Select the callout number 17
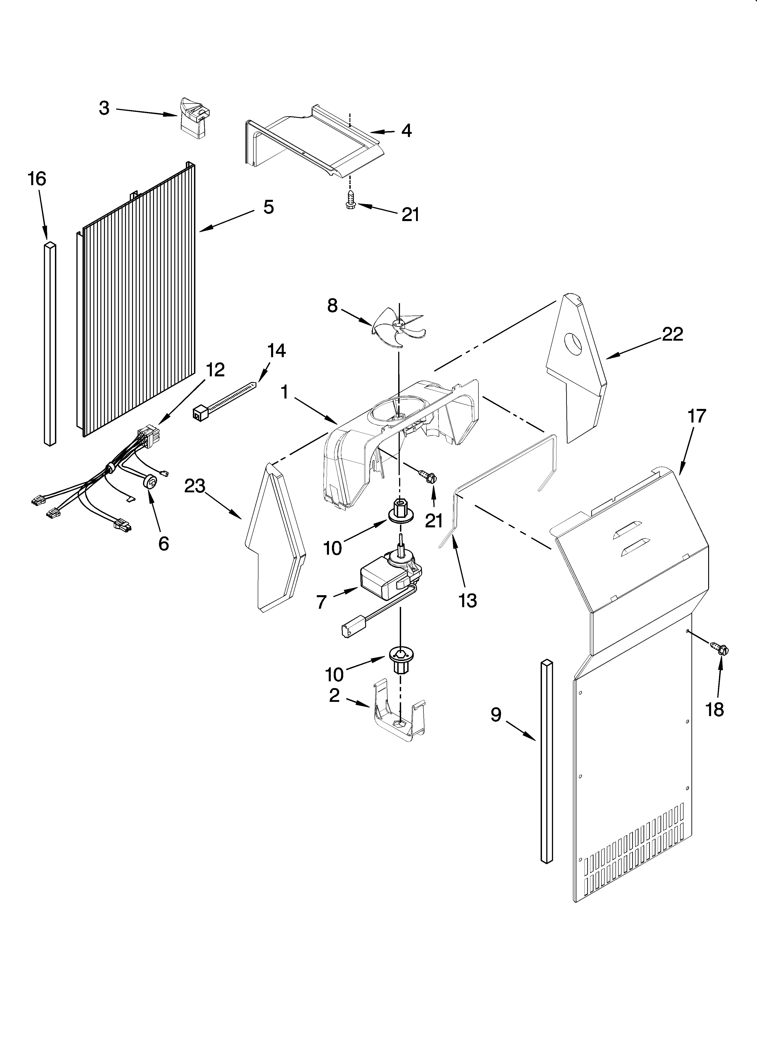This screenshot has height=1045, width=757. tap(696, 416)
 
